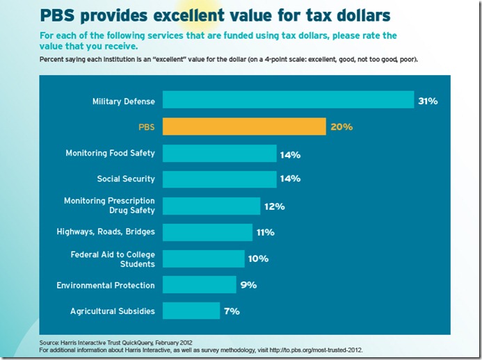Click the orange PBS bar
(244, 126)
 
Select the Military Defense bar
(289, 101)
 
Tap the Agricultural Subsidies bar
(191, 311)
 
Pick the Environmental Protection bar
(200, 284)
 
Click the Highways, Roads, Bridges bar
(207, 231)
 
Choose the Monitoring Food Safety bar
(220, 153)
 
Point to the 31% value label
(428, 101)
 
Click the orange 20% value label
(342, 127)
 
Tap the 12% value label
(274, 206)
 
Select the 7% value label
(232, 311)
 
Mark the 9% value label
(248, 285)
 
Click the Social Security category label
(126, 179)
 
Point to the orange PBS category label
(146, 127)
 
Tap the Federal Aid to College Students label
(113, 259)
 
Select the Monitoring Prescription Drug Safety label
(109, 206)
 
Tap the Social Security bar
(220, 179)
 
